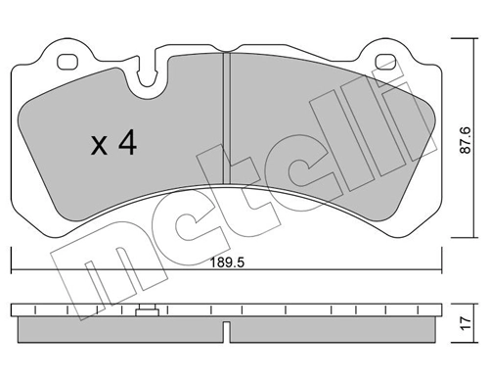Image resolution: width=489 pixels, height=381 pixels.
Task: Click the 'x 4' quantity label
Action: pos(112,145)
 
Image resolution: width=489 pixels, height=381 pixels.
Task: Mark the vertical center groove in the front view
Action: pos(225,118)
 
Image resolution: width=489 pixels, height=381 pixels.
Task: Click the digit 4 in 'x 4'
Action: pos(126,145)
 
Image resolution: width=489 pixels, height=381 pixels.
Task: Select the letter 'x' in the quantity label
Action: pos(98,147)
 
